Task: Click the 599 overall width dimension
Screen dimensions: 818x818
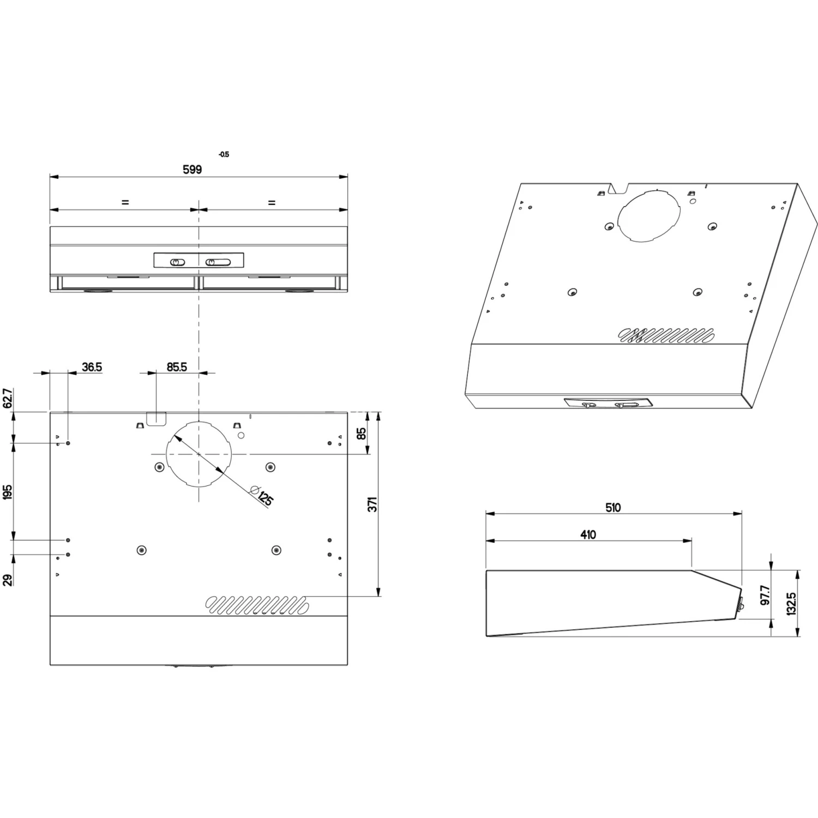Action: point(192,170)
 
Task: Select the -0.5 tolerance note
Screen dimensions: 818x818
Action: point(224,154)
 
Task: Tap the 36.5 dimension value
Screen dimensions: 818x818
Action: point(92,367)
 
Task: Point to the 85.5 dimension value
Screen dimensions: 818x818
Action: point(177,367)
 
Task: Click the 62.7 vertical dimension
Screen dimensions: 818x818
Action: point(8,399)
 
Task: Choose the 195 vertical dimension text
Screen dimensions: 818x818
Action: point(8,491)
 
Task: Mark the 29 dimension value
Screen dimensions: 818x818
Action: point(8,580)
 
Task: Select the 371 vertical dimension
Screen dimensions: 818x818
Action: point(372,504)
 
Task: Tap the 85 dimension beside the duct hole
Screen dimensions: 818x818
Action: point(361,434)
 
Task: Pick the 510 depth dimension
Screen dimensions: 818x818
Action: point(613,508)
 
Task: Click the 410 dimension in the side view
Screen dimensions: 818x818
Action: point(588,535)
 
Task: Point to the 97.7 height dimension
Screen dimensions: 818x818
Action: point(765,595)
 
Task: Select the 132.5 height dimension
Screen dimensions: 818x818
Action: point(791,604)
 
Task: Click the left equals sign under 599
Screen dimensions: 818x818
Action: point(125,202)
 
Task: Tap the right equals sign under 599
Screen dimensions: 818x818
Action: point(272,202)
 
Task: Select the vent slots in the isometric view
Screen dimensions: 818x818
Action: point(666,335)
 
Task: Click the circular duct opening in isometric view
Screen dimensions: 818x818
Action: point(649,215)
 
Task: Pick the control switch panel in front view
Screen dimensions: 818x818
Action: point(199,261)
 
